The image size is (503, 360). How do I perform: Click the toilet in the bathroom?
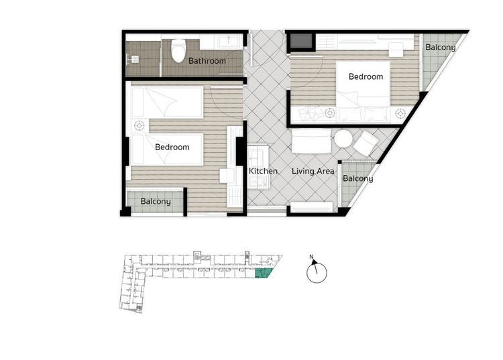[178, 50]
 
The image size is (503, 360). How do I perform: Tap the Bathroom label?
[207, 60]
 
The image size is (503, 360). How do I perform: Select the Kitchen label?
[263, 171]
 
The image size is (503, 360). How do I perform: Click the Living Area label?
[313, 171]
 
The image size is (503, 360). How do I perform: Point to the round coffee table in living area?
[343, 139]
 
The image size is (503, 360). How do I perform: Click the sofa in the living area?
[311, 141]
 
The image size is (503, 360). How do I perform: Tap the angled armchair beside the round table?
[366, 143]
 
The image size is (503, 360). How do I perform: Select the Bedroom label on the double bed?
[366, 76]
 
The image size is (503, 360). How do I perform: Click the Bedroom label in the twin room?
[172, 147]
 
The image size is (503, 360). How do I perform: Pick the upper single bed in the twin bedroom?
[167, 103]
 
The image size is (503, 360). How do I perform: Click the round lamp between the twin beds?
[139, 125]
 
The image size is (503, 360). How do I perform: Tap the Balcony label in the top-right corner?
[440, 48]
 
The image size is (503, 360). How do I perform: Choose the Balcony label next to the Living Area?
[357, 178]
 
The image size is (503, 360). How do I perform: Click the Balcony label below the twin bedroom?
[156, 202]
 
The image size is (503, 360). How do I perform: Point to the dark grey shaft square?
[301, 41]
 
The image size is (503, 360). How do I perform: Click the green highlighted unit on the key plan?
[263, 273]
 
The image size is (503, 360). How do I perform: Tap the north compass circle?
[317, 273]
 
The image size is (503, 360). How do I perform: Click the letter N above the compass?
[311, 257]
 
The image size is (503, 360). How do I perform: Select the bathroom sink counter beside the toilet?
[221, 42]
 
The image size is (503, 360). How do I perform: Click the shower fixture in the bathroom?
[133, 59]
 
